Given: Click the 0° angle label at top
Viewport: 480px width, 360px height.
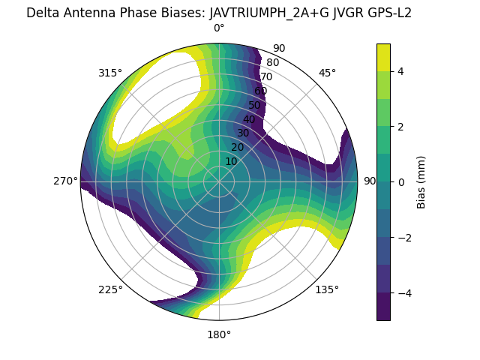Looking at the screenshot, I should pos(219,28).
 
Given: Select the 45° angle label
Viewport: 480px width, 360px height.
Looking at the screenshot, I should pos(327,73).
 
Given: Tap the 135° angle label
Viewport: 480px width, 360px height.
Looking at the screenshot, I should pos(327,289).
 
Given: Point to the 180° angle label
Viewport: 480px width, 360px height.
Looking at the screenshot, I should pos(219,334).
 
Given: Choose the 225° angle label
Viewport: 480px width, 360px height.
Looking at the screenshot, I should pos(110,289).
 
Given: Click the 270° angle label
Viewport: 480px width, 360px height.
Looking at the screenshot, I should pos(65,181).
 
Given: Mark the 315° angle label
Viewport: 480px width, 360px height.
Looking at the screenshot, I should pos(110,73).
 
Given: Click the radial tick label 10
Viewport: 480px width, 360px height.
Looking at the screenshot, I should pos(231,161).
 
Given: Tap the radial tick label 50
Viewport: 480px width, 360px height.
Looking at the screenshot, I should pos(255,105).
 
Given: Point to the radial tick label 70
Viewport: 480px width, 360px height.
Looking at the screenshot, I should pos(266,76).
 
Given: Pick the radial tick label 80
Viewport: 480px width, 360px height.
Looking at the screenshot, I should pos(272,62).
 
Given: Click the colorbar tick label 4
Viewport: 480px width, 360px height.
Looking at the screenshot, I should pos(400,71).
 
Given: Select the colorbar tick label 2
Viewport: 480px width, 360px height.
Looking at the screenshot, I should pos(400,126).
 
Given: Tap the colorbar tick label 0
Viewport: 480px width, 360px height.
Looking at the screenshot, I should pos(400,181).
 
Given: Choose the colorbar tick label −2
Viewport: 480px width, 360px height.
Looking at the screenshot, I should pos(403,237).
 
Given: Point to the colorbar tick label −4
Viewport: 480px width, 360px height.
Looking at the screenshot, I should pos(403,292).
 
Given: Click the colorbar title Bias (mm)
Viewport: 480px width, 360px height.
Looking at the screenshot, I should pos(421,181).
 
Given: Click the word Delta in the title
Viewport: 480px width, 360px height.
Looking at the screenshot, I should pos(42,13).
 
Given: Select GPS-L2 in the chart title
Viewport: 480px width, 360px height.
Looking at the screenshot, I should pos(385,13).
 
